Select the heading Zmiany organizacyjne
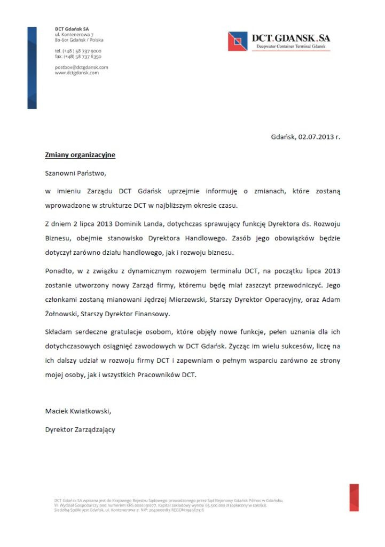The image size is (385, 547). (80, 155)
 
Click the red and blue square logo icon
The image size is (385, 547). (238, 41)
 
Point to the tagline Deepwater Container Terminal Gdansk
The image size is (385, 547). (291, 48)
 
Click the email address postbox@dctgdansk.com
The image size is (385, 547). (81, 67)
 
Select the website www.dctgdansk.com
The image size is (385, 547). (76, 73)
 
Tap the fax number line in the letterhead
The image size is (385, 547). (78, 56)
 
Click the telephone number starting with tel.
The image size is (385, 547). (78, 51)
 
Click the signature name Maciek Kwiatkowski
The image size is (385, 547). (78, 411)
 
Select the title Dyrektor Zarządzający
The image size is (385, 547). (80, 429)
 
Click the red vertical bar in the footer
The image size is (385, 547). (354, 497)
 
